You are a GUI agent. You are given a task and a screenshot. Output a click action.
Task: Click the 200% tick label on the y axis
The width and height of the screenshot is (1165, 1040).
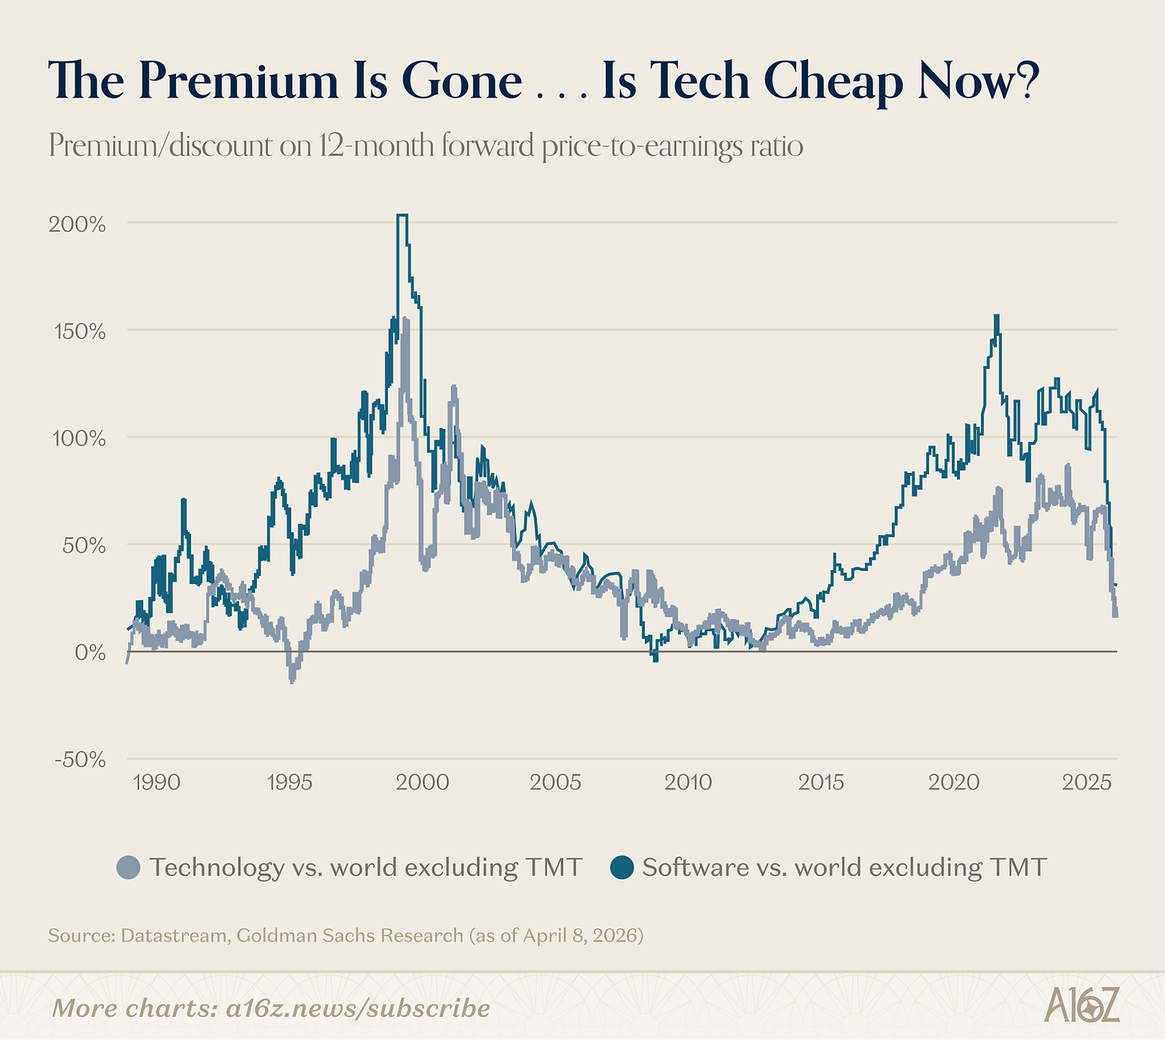click(x=77, y=223)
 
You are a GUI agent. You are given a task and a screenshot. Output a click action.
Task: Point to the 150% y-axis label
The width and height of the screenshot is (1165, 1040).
click(x=78, y=330)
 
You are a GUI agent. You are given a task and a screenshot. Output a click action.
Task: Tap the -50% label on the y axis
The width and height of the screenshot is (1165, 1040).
click(x=79, y=759)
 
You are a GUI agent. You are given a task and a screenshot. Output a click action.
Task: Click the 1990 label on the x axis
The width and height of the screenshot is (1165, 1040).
click(x=157, y=782)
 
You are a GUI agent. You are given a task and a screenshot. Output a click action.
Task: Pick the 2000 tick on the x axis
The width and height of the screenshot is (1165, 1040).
click(x=422, y=782)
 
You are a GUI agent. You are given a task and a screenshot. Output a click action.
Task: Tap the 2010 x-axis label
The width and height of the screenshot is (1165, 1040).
click(x=688, y=782)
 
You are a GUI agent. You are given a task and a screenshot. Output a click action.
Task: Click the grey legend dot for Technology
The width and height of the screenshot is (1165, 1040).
click(x=128, y=867)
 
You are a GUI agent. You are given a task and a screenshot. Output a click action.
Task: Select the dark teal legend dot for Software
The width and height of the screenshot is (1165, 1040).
click(x=622, y=867)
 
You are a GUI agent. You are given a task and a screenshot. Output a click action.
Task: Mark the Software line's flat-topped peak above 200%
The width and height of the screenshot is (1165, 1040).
click(x=402, y=215)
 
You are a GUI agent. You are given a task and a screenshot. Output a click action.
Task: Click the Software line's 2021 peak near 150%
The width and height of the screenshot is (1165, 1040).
click(x=996, y=316)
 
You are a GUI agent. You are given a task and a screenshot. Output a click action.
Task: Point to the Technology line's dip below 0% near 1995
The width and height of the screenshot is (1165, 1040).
click(x=292, y=680)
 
